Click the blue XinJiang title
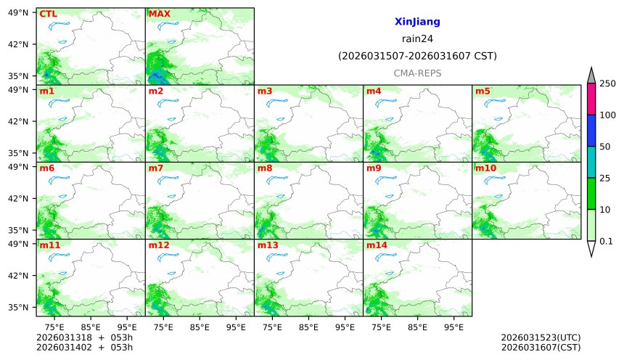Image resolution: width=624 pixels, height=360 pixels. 417,22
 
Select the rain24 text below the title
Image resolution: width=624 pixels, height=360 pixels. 417,39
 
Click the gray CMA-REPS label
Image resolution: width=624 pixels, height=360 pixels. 417,73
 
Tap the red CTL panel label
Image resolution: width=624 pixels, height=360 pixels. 48,14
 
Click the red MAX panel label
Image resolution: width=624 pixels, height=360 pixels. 160,14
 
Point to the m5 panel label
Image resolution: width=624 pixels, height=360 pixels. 483,91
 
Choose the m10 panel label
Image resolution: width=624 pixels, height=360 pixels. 485,168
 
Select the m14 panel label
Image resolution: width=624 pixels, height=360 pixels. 377,245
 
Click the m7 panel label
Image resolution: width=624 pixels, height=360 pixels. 157,168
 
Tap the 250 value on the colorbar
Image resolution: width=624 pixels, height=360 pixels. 607,84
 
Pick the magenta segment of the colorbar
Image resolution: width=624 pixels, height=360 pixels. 591,99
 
